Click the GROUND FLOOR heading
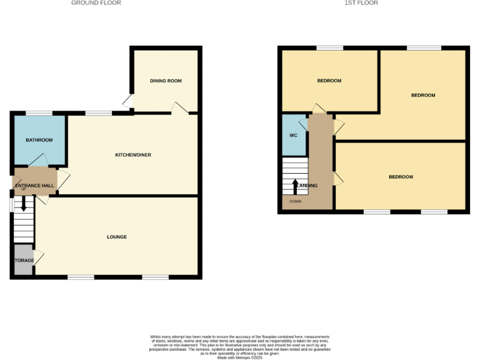pyautogui.click(x=96, y=3)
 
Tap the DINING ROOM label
pyautogui.click(x=166, y=81)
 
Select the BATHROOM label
pyautogui.click(x=39, y=140)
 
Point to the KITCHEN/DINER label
pyautogui.click(x=133, y=155)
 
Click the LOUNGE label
pyautogui.click(x=117, y=237)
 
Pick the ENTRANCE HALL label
pyautogui.click(x=35, y=186)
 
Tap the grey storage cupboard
pyautogui.click(x=24, y=260)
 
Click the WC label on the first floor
pyautogui.click(x=293, y=136)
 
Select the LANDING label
pyautogui.click(x=307, y=186)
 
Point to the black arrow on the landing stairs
pyautogui.click(x=296, y=186)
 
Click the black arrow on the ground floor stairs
pyautogui.click(x=24, y=204)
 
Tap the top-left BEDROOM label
pyautogui.click(x=329, y=81)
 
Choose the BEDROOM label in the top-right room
pyautogui.click(x=422, y=95)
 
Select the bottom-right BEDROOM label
pyautogui.click(x=401, y=177)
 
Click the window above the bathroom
pyautogui.click(x=39, y=112)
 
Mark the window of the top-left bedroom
pyautogui.click(x=329, y=48)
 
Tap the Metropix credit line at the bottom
pyautogui.click(x=239, y=357)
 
